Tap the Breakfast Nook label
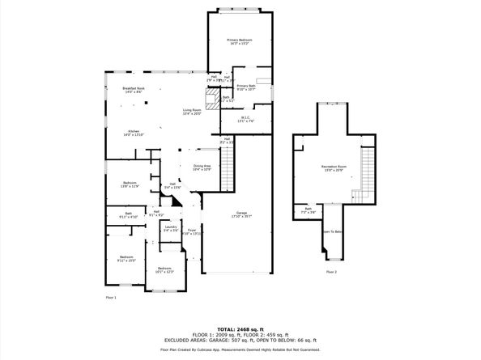pyautogui.click(x=134, y=90)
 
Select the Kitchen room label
pyautogui.click(x=134, y=133)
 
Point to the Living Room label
pyautogui.click(x=192, y=112)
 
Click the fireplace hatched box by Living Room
pyautogui.click(x=211, y=102)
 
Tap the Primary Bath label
pyautogui.click(x=246, y=87)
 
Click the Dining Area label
pyautogui.click(x=202, y=167)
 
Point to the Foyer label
pyautogui.click(x=192, y=232)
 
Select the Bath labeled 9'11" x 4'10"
pyautogui.click(x=129, y=216)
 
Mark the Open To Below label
pyautogui.click(x=332, y=232)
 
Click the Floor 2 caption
pyautogui.click(x=332, y=273)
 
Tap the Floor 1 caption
pyautogui.click(x=112, y=298)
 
